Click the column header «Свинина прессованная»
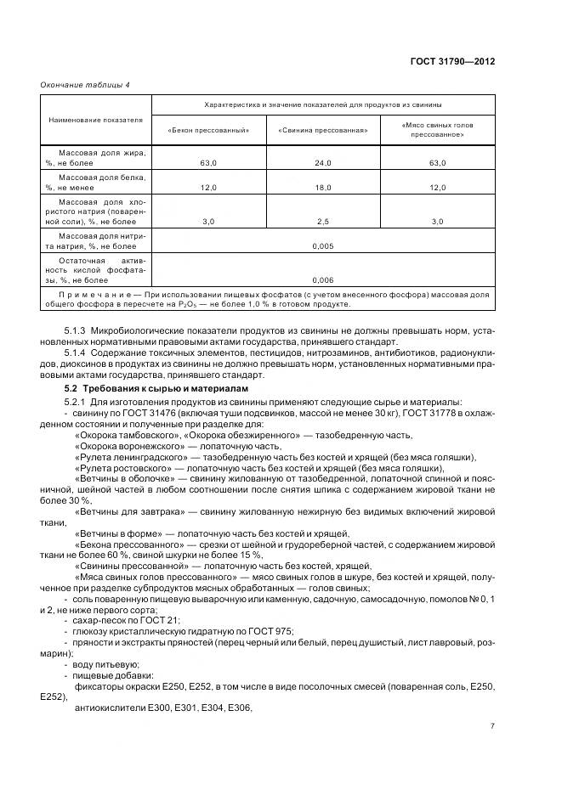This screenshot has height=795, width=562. (322, 130)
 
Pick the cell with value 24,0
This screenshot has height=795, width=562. (322, 161)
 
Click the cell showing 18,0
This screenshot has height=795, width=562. (322, 186)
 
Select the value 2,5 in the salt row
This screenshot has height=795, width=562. (322, 221)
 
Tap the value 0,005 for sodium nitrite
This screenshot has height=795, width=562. (322, 245)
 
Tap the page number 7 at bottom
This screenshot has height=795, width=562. (492, 727)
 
